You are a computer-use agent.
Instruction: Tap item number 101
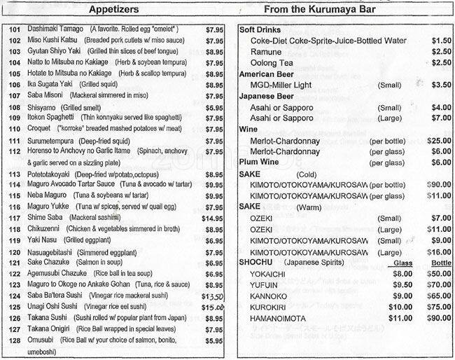click(13, 29)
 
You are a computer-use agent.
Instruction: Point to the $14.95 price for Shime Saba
click(212, 219)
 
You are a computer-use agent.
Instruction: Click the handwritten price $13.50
click(212, 296)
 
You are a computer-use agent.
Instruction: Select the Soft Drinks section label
click(261, 30)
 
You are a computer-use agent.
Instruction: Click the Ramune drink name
click(267, 51)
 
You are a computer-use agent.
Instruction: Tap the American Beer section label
click(267, 74)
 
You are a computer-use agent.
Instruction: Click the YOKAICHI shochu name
click(270, 273)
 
